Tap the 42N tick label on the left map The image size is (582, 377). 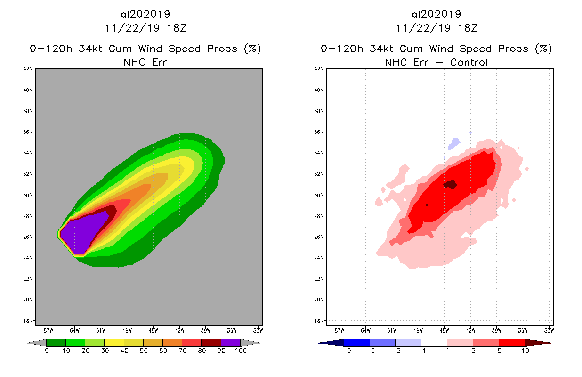[29, 69]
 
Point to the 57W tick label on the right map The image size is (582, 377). [339, 330]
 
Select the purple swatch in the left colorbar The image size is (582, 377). [231, 343]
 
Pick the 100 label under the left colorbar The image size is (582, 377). [241, 351]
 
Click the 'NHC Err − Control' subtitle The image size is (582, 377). [436, 62]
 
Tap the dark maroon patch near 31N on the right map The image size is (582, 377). [450, 185]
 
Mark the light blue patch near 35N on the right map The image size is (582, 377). [454, 143]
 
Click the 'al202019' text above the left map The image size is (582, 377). [146, 14]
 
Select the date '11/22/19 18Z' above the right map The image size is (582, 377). [436, 28]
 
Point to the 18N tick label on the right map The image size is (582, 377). [320, 321]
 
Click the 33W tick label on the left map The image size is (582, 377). [258, 330]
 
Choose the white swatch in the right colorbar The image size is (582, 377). [434, 343]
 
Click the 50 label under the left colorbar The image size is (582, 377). [144, 351]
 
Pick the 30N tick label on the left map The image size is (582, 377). [29, 195]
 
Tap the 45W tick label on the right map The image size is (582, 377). [444, 330]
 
